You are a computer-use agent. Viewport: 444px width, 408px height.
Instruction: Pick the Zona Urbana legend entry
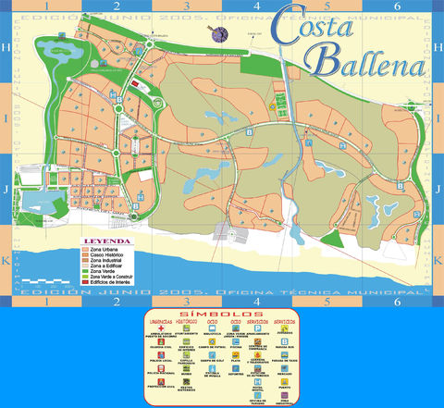(x=103, y=250)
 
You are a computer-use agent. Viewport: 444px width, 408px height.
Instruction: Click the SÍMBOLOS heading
(x=222, y=315)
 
